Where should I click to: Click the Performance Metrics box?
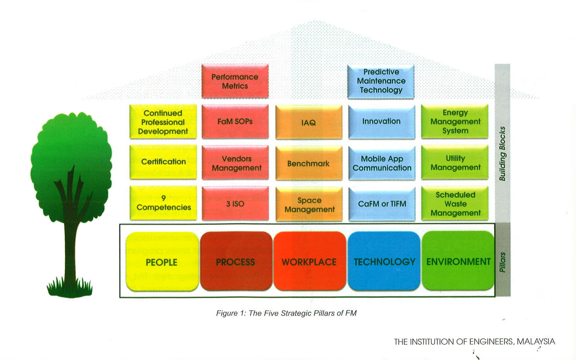pyautogui.click(x=235, y=81)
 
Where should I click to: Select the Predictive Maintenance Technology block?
pyautogui.click(x=381, y=81)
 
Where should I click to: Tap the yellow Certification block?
pyautogui.click(x=163, y=162)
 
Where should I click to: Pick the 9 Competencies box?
pyautogui.click(x=163, y=203)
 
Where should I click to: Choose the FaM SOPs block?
pyautogui.click(x=235, y=122)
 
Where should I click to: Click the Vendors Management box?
pyautogui.click(x=236, y=163)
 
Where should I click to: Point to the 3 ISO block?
pyautogui.click(x=235, y=204)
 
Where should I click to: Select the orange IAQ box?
pyautogui.click(x=309, y=122)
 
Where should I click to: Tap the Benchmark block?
pyautogui.click(x=309, y=164)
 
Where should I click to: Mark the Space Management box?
pyautogui.click(x=309, y=204)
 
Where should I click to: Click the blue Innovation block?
pyautogui.click(x=381, y=122)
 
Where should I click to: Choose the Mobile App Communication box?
pyautogui.click(x=382, y=163)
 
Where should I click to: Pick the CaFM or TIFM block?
pyautogui.click(x=382, y=204)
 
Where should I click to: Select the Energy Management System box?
pyautogui.click(x=455, y=122)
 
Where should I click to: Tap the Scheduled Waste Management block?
pyautogui.click(x=455, y=204)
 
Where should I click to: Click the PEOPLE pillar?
pyautogui.click(x=162, y=262)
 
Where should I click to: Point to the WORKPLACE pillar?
pyautogui.click(x=309, y=262)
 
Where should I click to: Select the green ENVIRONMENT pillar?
pyautogui.click(x=458, y=261)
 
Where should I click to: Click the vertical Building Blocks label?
pyautogui.click(x=502, y=154)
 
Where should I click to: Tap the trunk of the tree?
pyautogui.click(x=71, y=249)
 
